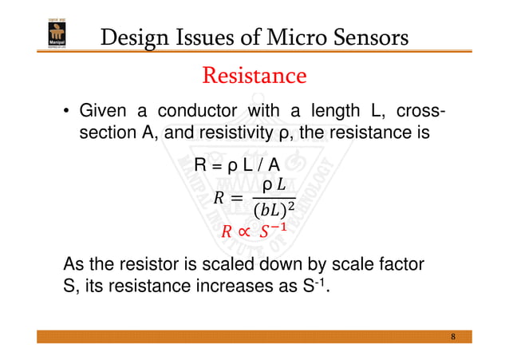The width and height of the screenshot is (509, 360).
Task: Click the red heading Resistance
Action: [x=254, y=76]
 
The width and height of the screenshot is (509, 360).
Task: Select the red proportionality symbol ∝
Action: [x=243, y=232]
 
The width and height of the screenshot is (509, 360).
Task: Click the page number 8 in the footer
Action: [x=453, y=336]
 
